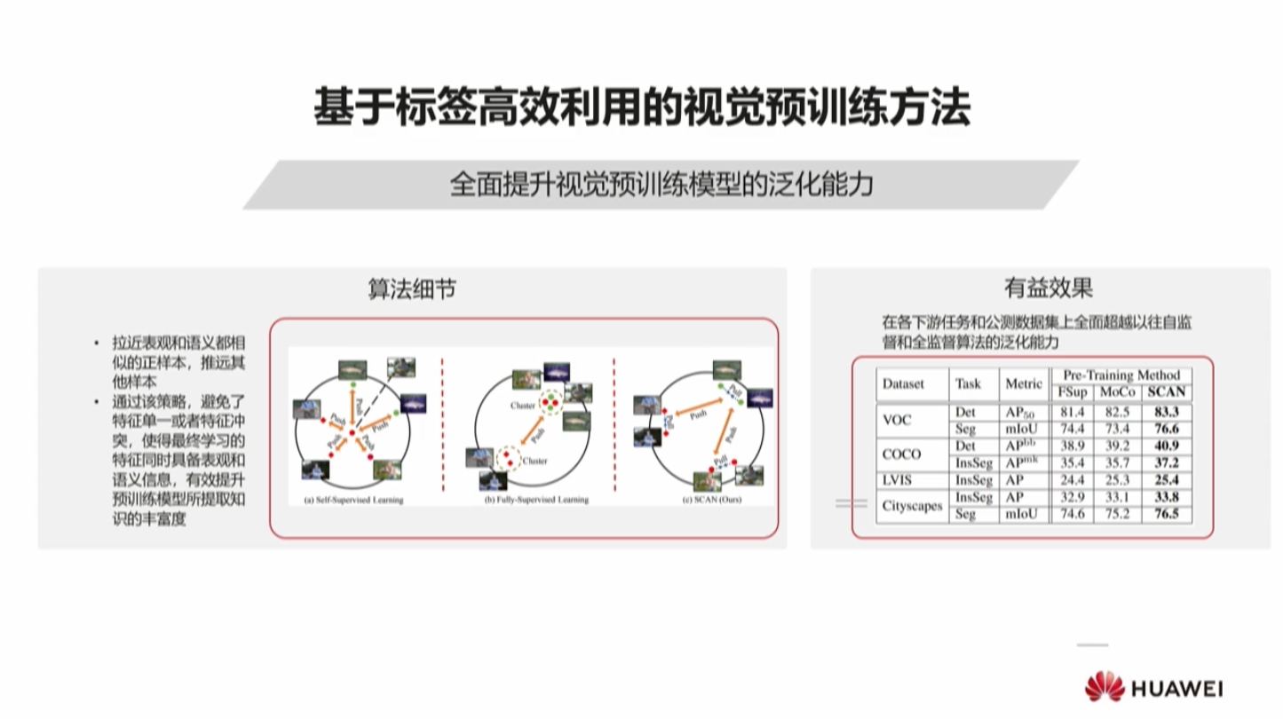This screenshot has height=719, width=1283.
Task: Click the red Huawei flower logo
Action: pos(1103,686)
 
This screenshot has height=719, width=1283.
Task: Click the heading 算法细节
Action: pos(413,289)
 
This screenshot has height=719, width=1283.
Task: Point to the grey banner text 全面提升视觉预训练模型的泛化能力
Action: pos(661,185)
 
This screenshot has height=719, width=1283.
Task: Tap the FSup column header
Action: pos(1072,392)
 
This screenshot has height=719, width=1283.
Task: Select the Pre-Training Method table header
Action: pos(1121,375)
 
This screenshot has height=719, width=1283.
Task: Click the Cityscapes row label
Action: pos(912,506)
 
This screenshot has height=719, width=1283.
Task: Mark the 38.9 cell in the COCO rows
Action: pos(1072,446)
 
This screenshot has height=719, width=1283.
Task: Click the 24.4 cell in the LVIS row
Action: pos(1072,480)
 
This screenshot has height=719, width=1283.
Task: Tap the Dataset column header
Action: pos(903,383)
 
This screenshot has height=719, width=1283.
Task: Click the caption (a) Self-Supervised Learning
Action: pos(353,500)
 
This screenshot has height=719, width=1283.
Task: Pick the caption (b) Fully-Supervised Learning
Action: pos(536,500)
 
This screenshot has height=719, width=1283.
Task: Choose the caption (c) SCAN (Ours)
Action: pos(710,500)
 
